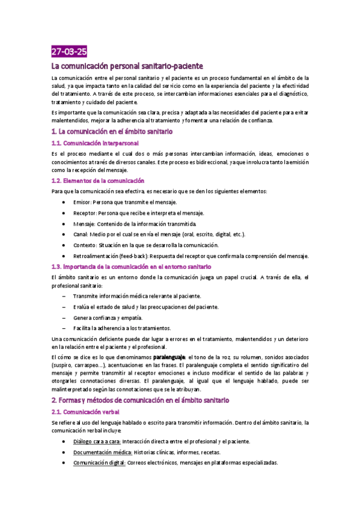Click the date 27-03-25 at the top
point(69,52)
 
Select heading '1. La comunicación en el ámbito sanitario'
point(112,131)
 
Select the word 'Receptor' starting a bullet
point(84,213)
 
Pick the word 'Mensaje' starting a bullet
point(84,224)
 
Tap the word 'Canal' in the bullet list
point(79,235)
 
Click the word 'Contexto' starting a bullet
point(84,245)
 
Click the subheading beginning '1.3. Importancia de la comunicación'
point(131,266)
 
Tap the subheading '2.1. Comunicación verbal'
point(86,412)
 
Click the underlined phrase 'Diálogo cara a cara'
point(96,441)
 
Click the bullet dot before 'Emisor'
point(64,202)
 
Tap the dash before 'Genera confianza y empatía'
point(64,318)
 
